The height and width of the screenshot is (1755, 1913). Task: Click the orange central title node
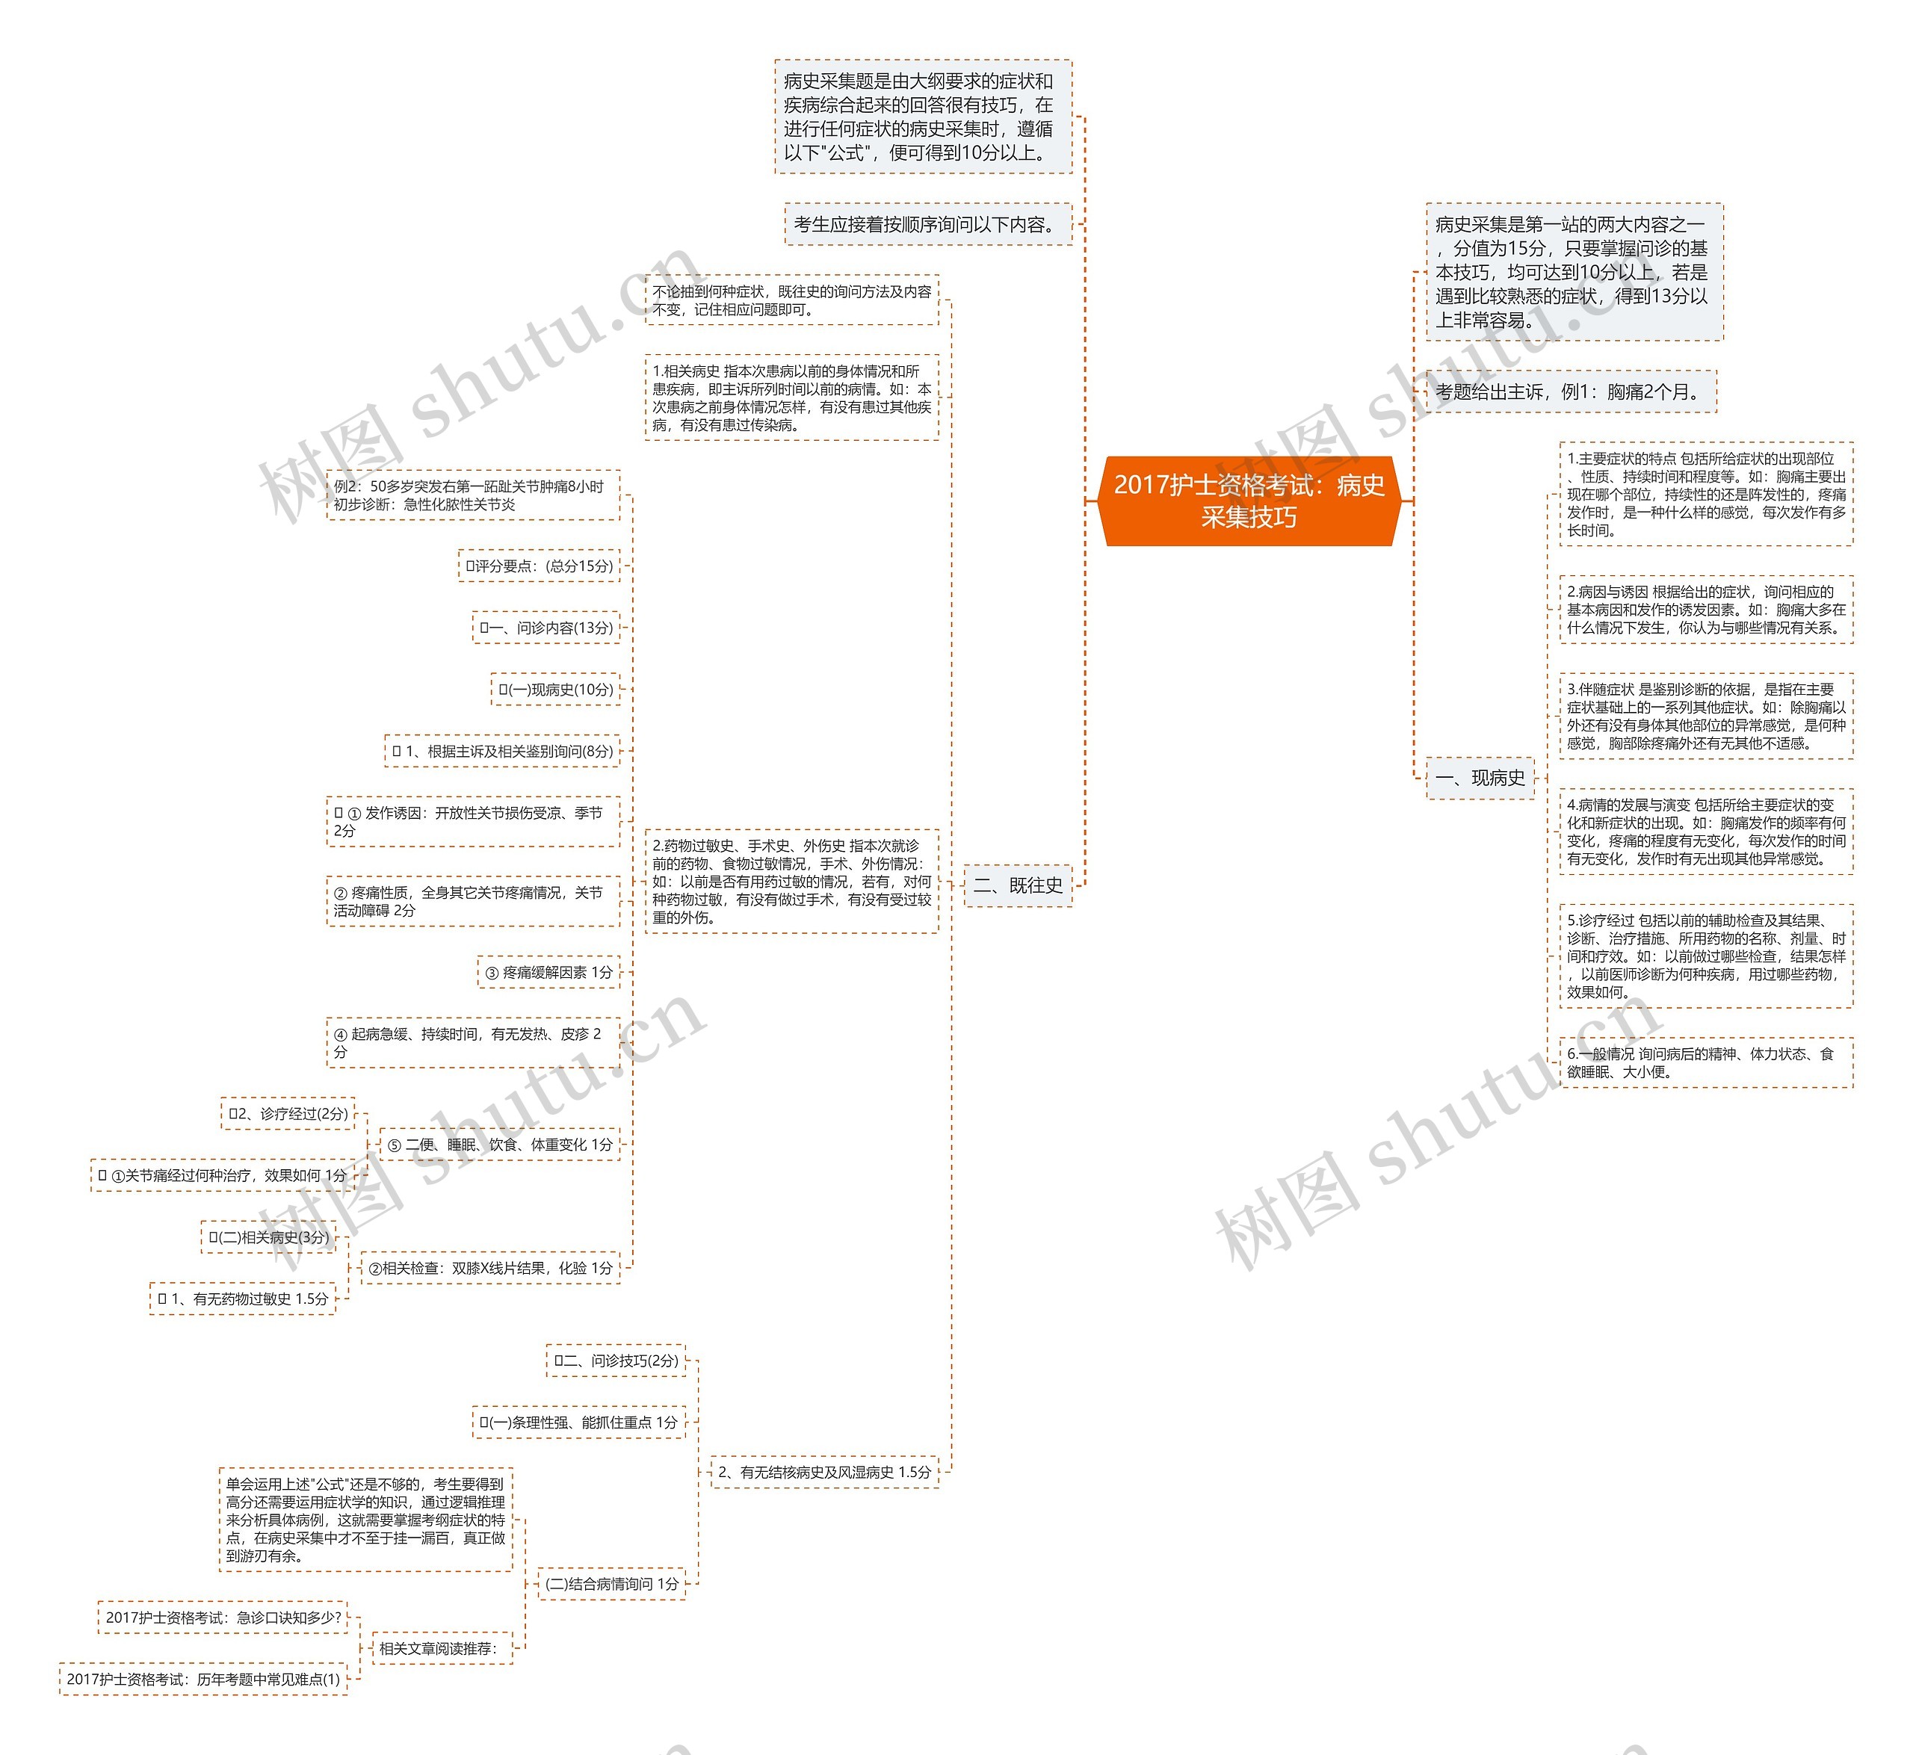click(1248, 501)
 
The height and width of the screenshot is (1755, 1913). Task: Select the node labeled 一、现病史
click(1480, 778)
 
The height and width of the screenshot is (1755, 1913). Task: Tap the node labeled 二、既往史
click(1017, 885)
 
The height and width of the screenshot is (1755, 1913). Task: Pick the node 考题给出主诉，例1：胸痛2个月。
click(1570, 391)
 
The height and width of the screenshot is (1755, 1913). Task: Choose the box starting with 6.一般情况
click(1705, 1062)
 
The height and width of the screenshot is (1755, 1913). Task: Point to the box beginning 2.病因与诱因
click(1705, 610)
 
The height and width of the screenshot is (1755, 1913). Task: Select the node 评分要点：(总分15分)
click(539, 566)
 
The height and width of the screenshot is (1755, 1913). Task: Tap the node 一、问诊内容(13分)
click(546, 628)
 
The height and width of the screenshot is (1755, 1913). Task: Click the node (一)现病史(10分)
click(556, 690)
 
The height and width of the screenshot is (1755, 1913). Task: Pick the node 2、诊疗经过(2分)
click(288, 1113)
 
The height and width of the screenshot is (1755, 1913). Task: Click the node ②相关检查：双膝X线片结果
click(490, 1268)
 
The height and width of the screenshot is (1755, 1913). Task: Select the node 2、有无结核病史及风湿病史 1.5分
click(823, 1472)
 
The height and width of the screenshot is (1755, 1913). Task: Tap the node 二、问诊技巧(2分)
click(616, 1361)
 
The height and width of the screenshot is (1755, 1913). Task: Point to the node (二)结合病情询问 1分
click(612, 1584)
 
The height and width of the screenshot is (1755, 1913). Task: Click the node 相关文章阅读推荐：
click(439, 1649)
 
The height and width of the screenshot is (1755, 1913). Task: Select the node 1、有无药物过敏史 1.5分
click(243, 1299)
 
